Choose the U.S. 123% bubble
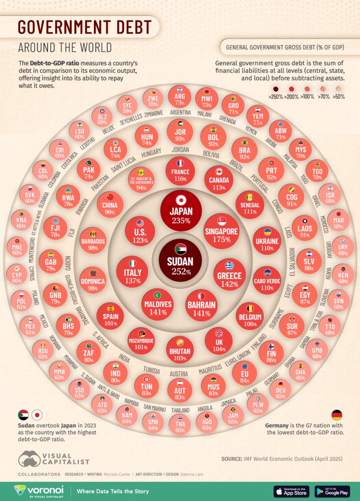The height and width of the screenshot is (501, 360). coord(140,231)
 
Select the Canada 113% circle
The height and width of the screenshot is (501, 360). coord(219,179)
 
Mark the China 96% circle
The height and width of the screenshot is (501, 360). coord(110,205)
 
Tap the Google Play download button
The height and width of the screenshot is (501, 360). coord(332,491)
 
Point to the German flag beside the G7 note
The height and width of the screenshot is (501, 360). coord(337,415)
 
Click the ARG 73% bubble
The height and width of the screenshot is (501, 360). coord(180,96)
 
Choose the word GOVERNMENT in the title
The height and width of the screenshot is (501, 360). coord(84,26)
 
